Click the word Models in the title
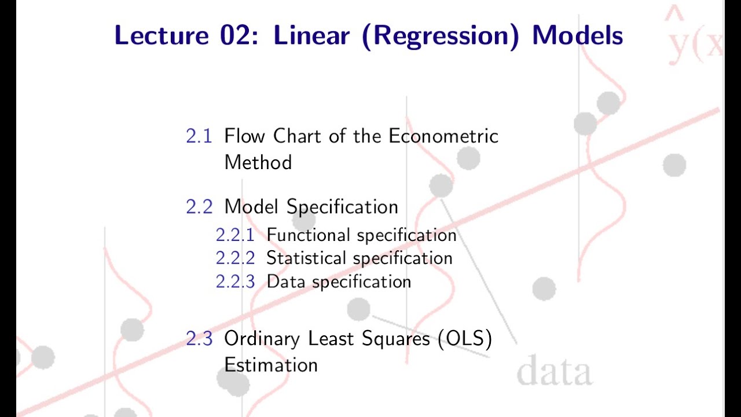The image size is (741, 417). (578, 36)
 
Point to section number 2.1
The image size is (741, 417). (199, 137)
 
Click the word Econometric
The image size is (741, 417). (443, 137)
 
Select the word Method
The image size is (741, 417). (258, 162)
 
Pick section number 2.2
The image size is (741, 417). (199, 207)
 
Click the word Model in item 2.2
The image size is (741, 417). (252, 207)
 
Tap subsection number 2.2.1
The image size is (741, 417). (234, 235)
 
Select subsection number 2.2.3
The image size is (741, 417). (234, 282)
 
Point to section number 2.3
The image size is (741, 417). (199, 339)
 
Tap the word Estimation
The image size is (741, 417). (271, 365)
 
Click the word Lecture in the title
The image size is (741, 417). (161, 36)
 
